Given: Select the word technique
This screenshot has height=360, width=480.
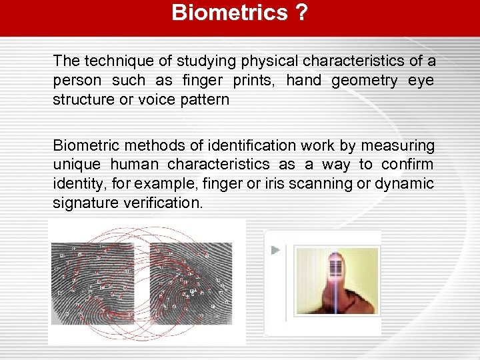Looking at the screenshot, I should point(115,61).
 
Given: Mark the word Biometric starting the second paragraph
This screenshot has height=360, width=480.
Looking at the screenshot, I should point(83,145).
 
